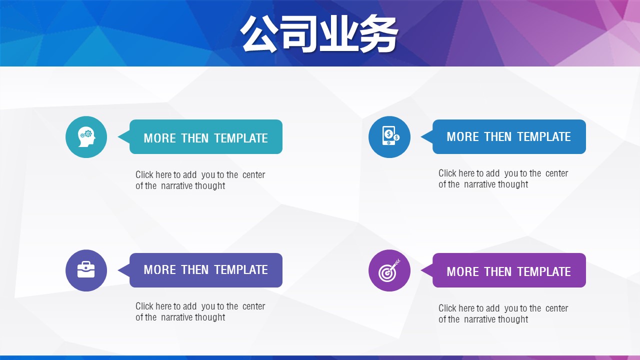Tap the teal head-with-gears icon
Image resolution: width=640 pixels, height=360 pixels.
point(86,137)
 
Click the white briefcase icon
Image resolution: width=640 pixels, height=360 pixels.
point(86,269)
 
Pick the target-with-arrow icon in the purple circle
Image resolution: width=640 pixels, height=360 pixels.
point(389,270)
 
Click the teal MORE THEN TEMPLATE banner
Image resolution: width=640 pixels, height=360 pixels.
point(205,137)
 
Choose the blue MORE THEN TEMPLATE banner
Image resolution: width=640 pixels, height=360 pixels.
point(509,137)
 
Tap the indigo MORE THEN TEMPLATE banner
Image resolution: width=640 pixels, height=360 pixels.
point(205,270)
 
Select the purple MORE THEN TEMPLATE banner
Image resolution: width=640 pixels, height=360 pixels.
point(509,270)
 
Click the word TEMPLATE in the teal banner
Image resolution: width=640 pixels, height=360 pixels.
point(241,138)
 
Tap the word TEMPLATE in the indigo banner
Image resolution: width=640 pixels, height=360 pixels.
point(241,269)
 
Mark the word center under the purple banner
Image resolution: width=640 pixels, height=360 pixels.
point(556,308)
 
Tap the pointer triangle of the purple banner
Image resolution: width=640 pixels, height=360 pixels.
point(427,270)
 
